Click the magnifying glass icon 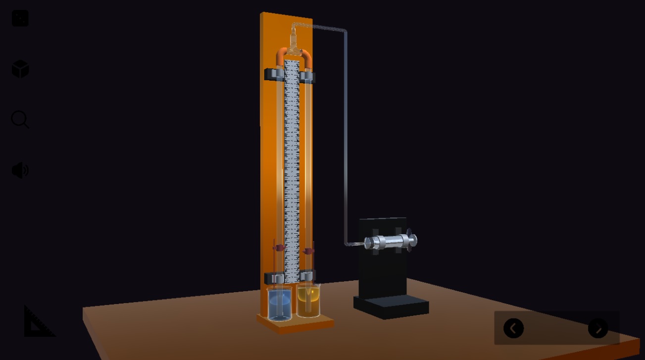coord(20,119)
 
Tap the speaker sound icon coord(20,170)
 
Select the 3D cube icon coord(20,69)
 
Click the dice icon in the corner coord(20,18)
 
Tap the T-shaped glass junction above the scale coord(294,47)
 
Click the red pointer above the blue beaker coord(279,247)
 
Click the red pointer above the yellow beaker coord(308,251)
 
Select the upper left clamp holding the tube coord(273,75)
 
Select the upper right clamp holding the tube coord(307,77)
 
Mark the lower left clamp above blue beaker coord(274,278)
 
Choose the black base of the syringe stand coord(391,306)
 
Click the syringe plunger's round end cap coord(413,241)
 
